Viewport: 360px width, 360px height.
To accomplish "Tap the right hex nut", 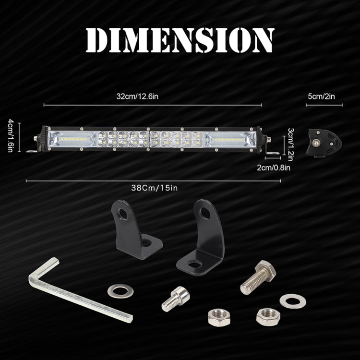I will (267, 316).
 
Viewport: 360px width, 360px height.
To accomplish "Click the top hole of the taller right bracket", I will (205, 213).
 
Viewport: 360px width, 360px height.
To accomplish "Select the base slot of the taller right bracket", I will (195, 264).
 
